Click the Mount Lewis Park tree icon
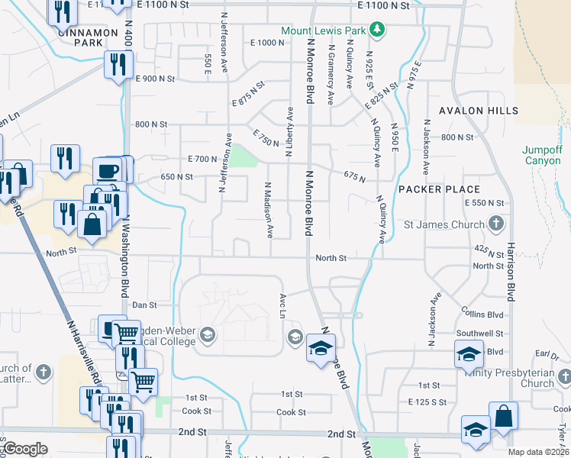click(376, 30)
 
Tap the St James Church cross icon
click(496, 224)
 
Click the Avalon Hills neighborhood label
click(479, 111)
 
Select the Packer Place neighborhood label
click(440, 189)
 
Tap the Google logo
click(25, 449)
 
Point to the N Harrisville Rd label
click(84, 351)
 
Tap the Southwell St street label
click(479, 334)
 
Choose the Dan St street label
click(144, 305)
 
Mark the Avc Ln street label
click(282, 305)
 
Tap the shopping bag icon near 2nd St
click(504, 415)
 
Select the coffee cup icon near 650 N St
click(108, 170)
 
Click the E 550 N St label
click(485, 203)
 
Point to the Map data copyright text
click(539, 452)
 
